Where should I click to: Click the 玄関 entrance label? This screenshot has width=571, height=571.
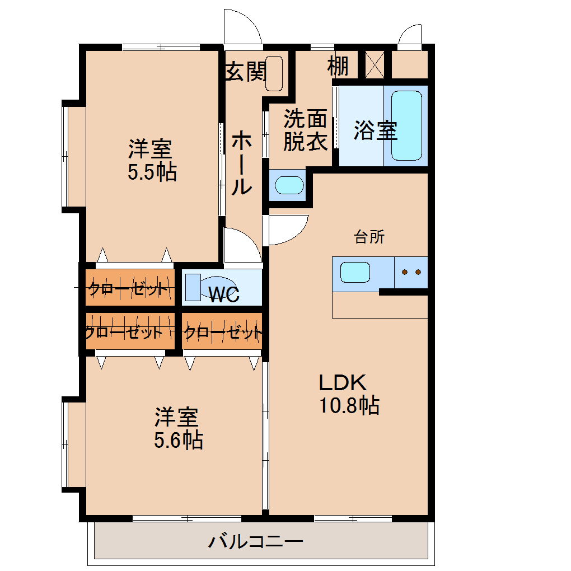(x=246, y=72)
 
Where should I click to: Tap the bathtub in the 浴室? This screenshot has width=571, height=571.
(x=406, y=125)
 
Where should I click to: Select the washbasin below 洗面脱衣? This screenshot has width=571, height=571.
(x=289, y=185)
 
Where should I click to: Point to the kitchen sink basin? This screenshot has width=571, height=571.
(x=355, y=273)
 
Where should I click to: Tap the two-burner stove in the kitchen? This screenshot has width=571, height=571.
(x=411, y=273)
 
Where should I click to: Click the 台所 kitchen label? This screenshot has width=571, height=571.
(x=369, y=237)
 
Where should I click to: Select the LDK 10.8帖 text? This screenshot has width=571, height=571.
(x=349, y=395)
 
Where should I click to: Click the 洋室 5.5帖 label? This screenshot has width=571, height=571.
(x=152, y=160)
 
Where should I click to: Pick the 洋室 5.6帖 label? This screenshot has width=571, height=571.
(x=179, y=428)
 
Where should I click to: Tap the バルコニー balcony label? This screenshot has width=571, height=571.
(x=256, y=541)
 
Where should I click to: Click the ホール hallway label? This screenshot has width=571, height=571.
(x=242, y=162)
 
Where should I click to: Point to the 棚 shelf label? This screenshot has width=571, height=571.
(x=338, y=66)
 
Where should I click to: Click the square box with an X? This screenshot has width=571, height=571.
(x=375, y=65)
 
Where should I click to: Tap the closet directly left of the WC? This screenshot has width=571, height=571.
(x=130, y=287)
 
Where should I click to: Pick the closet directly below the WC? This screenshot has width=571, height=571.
(x=222, y=331)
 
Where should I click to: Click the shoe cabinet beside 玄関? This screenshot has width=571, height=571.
(x=274, y=73)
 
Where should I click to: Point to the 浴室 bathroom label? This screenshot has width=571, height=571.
(x=376, y=130)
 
